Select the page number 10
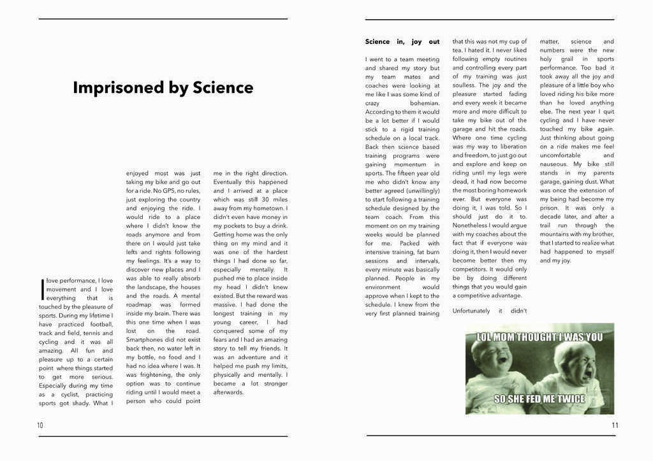40,425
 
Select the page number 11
614,425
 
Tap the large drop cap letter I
42,288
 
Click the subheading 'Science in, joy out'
402,41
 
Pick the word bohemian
424,103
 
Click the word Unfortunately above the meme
471,311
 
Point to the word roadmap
139,304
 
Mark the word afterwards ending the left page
228,392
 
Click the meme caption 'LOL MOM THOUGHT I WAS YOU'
539,337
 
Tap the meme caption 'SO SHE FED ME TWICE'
539,399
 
